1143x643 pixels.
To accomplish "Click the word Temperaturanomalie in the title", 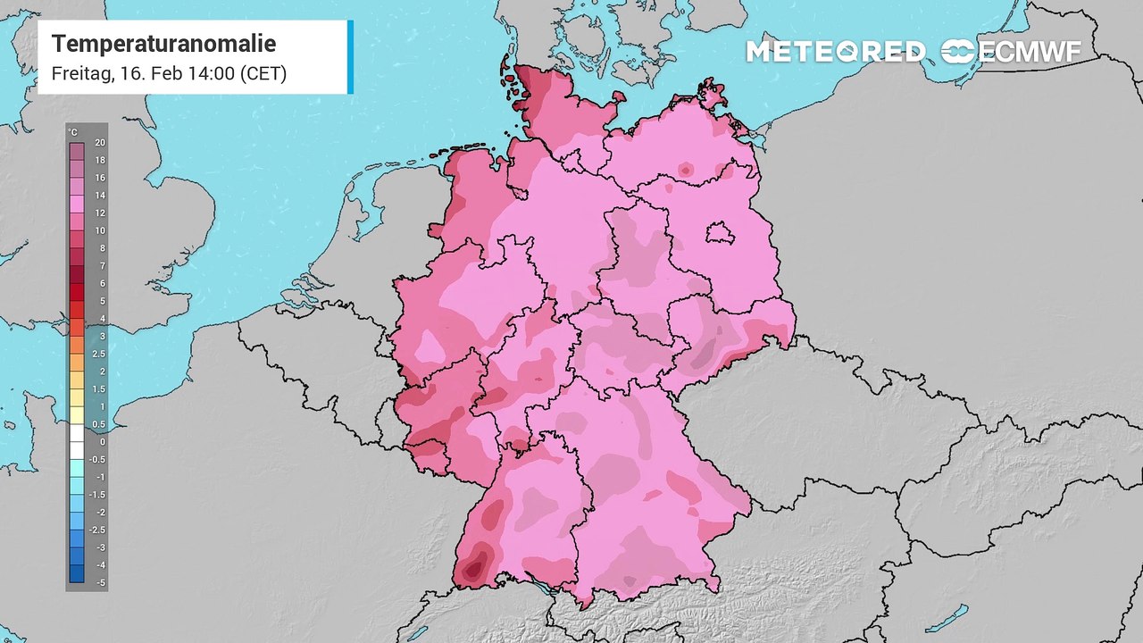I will pyautogui.click(x=163, y=44).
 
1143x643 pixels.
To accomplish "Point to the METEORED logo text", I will pyautogui.click(x=836, y=52).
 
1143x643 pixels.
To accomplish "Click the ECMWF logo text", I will pyautogui.click(x=1030, y=52).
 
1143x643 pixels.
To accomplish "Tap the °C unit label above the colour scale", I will pyautogui.click(x=73, y=132).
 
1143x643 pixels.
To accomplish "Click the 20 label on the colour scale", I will pyautogui.click(x=101, y=143).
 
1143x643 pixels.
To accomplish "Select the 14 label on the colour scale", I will pyautogui.click(x=101, y=196).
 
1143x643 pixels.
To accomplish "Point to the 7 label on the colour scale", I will pyautogui.click(x=101, y=266).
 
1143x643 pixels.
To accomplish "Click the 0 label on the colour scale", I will pyautogui.click(x=101, y=441).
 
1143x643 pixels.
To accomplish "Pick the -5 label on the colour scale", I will pyautogui.click(x=101, y=582).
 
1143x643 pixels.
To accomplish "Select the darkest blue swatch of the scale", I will pyautogui.click(x=77, y=573).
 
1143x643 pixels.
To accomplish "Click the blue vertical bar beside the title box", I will pyautogui.click(x=350, y=56).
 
